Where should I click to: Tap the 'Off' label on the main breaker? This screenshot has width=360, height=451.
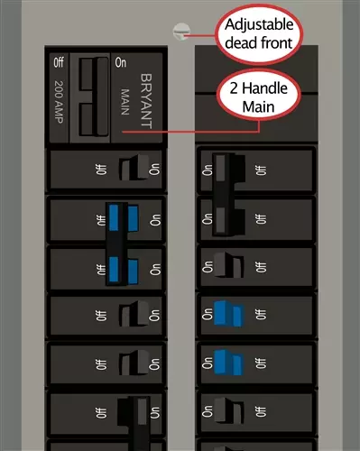tap(59, 63)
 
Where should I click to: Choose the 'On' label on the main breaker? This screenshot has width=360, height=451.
tap(120, 63)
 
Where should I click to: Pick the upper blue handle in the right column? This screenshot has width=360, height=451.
tap(226, 313)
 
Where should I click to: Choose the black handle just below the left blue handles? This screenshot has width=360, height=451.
tap(126, 315)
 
